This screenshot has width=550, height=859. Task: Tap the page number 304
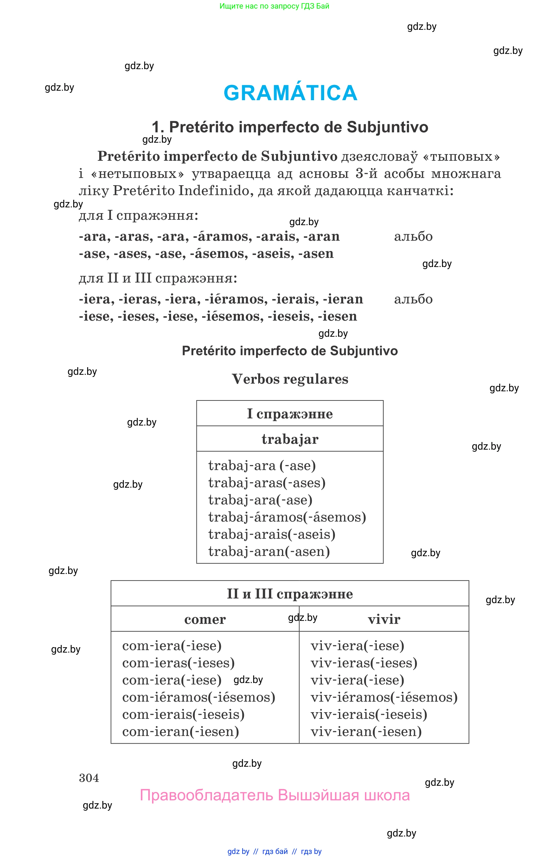click(89, 778)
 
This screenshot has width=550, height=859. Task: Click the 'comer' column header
click(205, 619)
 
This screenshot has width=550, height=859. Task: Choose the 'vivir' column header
click(384, 619)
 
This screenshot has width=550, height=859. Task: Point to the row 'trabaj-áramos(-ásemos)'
click(287, 517)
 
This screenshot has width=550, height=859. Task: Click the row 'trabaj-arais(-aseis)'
click(272, 534)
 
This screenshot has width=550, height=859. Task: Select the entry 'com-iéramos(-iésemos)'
click(199, 697)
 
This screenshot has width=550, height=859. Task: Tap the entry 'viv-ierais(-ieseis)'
click(368, 714)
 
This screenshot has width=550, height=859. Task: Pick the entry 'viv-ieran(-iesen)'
click(366, 732)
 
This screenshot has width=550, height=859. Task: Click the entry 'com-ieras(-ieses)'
click(178, 663)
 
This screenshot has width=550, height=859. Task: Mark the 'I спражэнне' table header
click(290, 413)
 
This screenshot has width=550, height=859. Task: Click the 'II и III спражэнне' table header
click(290, 594)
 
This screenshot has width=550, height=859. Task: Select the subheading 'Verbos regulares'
click(290, 379)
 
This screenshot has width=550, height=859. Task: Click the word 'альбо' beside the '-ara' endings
click(413, 236)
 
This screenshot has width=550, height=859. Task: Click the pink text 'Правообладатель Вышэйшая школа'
click(275, 795)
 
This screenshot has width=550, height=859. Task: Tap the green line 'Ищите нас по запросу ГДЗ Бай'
click(274, 6)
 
